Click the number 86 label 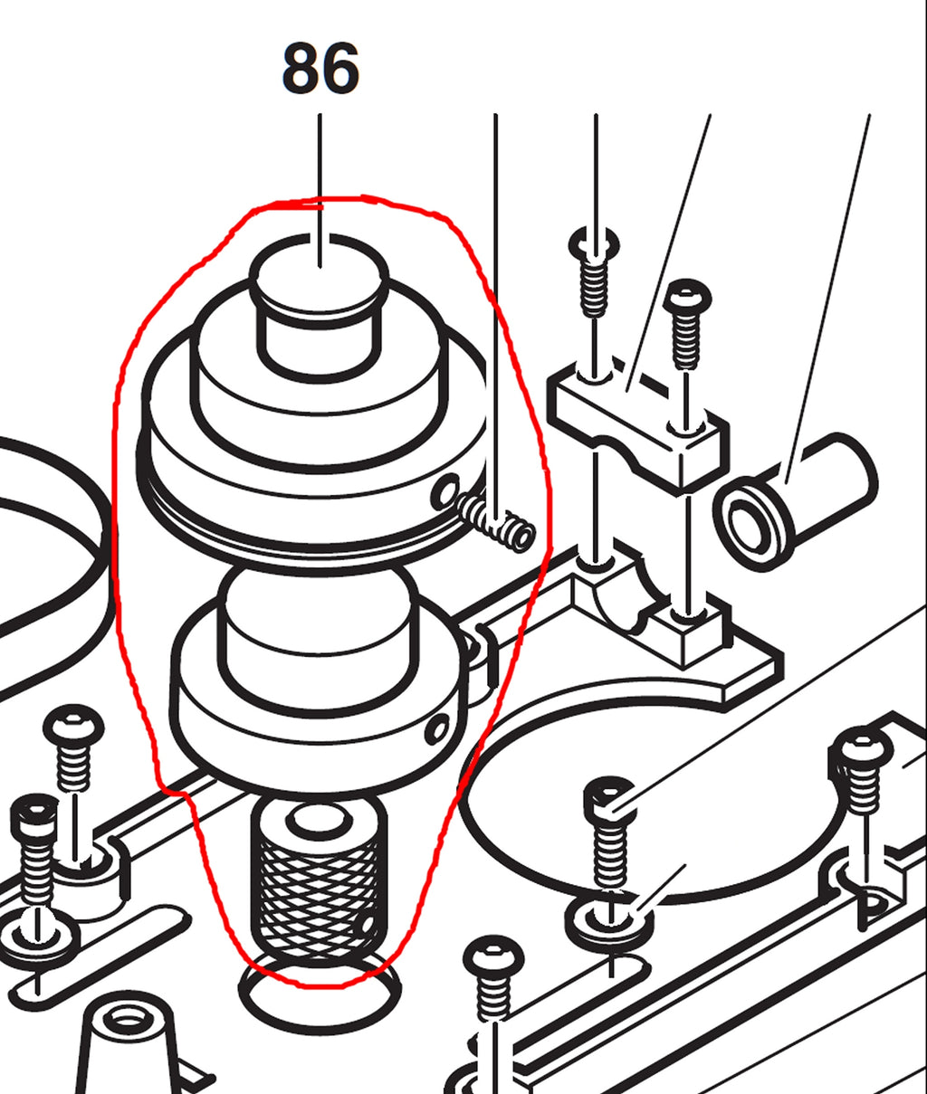(x=320, y=69)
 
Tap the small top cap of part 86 (x=320, y=307)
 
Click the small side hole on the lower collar (x=439, y=730)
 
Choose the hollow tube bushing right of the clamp (x=794, y=503)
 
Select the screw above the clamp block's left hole (x=595, y=271)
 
